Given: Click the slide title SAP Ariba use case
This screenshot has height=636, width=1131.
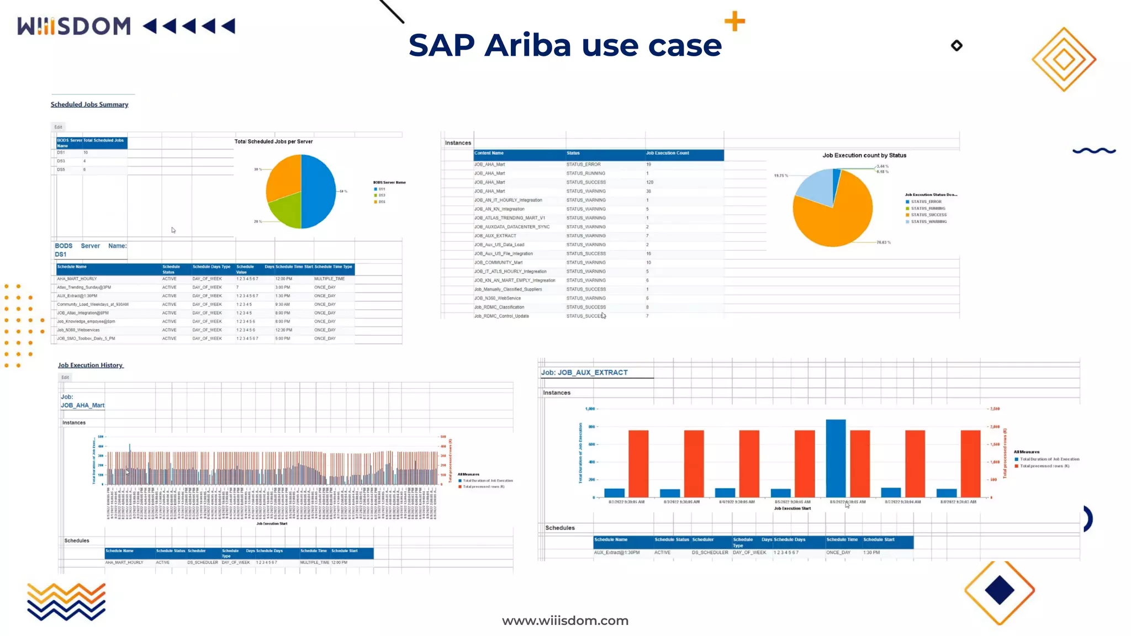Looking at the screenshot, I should pyautogui.click(x=565, y=45).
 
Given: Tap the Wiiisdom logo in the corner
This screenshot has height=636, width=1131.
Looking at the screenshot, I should pyautogui.click(x=74, y=26).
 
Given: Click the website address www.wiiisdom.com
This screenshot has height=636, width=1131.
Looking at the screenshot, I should pyautogui.click(x=565, y=621).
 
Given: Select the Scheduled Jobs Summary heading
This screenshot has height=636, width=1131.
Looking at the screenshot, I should pyautogui.click(x=89, y=104).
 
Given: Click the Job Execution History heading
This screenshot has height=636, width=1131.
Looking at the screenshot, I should pyautogui.click(x=91, y=365).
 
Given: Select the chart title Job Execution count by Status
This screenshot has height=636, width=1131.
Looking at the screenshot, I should pyautogui.click(x=864, y=155).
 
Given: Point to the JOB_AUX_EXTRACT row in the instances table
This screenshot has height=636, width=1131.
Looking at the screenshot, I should pyautogui.click(x=495, y=236).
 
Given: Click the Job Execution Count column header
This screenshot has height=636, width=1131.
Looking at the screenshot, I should pyautogui.click(x=668, y=153).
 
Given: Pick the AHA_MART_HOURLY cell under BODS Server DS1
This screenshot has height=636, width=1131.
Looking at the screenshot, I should pyautogui.click(x=77, y=279).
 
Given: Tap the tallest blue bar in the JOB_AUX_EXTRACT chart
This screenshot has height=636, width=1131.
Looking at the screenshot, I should pyautogui.click(x=836, y=458).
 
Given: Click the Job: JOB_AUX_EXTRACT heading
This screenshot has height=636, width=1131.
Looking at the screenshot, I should pyautogui.click(x=584, y=373).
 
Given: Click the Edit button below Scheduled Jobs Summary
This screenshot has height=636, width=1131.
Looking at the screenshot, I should pyautogui.click(x=59, y=127).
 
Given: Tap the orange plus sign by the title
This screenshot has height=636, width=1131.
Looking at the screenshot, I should pyautogui.click(x=734, y=22).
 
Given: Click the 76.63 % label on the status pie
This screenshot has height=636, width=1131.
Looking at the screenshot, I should pyautogui.click(x=884, y=242).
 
